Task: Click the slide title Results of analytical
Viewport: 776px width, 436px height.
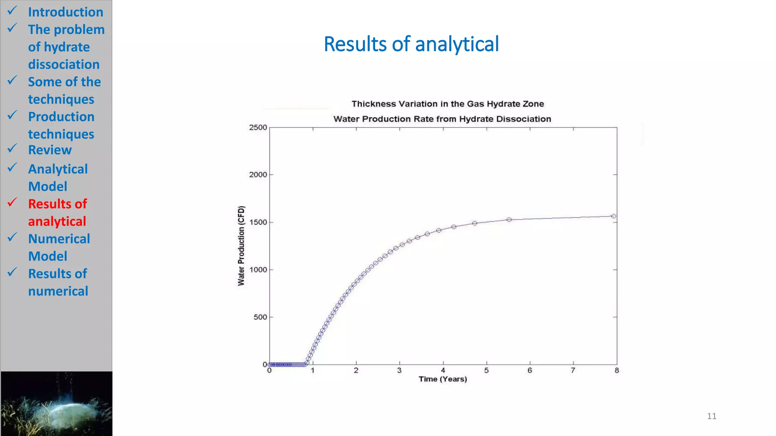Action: (411, 44)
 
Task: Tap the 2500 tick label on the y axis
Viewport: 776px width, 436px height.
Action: (258, 128)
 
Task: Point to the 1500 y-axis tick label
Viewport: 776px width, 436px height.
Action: (258, 222)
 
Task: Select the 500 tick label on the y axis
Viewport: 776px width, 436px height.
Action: (260, 317)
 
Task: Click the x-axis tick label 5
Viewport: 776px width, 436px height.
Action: (486, 371)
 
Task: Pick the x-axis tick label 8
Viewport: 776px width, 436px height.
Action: (616, 371)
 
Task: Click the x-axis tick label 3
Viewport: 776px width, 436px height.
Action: (399, 371)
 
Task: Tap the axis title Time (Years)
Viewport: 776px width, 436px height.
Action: (443, 379)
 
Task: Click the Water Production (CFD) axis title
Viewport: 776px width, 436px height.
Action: (241, 246)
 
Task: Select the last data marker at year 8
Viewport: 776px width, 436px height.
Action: (613, 216)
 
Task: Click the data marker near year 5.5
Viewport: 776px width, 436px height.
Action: (509, 220)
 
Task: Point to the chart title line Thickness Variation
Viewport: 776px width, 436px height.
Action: (447, 104)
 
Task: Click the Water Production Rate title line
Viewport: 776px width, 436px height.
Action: (442, 119)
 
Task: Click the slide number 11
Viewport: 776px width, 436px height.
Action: (712, 416)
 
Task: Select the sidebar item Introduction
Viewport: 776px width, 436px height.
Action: (66, 12)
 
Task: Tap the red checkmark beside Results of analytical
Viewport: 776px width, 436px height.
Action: (12, 202)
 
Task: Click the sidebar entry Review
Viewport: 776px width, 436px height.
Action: (50, 150)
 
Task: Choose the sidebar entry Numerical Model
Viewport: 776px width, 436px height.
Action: (59, 248)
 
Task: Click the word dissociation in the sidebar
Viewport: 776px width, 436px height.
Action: (64, 64)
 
